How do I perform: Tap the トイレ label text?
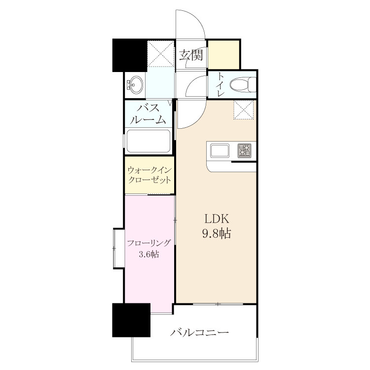[x=221, y=84]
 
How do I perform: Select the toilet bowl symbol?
[x=242, y=85]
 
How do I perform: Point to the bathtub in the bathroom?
[x=148, y=141]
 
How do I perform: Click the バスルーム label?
[x=148, y=114]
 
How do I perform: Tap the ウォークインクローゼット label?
[x=149, y=175]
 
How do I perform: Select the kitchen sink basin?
[x=220, y=150]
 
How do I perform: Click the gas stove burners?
[x=245, y=150]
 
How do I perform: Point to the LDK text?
[x=217, y=219]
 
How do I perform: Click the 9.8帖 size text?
[x=217, y=233]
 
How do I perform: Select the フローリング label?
[x=148, y=243]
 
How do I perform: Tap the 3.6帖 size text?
[x=148, y=255]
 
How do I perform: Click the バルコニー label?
[x=200, y=333]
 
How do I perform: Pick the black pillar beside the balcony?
[x=131, y=320]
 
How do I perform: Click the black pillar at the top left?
[x=130, y=55]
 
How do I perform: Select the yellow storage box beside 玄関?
[x=223, y=55]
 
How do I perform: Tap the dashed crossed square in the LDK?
[x=244, y=110]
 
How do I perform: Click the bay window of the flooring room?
[x=118, y=248]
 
